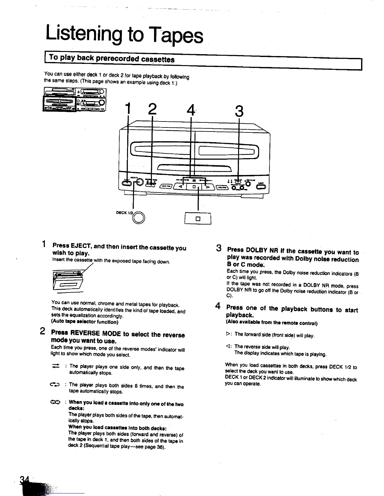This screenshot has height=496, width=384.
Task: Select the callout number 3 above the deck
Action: click(239, 111)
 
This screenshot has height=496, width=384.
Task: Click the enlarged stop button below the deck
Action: click(198, 219)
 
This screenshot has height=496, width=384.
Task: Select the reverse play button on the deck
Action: click(180, 187)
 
